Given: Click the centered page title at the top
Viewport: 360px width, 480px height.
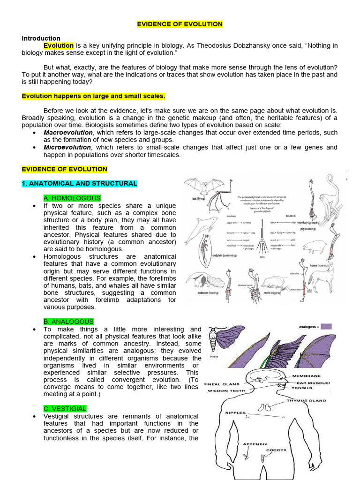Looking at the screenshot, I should click(180, 24).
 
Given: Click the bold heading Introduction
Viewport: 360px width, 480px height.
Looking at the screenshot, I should click(41, 38).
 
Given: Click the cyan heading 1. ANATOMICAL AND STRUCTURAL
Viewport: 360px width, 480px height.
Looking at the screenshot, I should click(79, 183).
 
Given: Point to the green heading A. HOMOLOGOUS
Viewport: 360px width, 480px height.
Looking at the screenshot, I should click(72, 198).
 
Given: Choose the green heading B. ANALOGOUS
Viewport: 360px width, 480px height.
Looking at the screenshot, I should click(68, 322).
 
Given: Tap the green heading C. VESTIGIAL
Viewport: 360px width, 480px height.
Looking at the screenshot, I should click(65, 409).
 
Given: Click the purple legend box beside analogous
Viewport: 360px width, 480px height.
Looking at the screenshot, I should click(326, 326).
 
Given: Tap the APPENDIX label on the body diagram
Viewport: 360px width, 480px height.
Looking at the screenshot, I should click(255, 443).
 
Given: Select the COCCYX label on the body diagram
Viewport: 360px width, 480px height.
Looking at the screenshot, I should click(276, 450).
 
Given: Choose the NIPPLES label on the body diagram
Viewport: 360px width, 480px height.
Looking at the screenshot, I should click(235, 413).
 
